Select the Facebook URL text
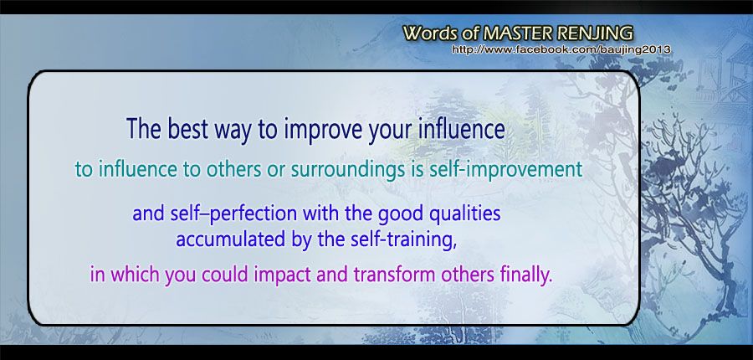coord(561,49)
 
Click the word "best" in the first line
coord(186,129)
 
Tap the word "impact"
coord(275,276)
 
